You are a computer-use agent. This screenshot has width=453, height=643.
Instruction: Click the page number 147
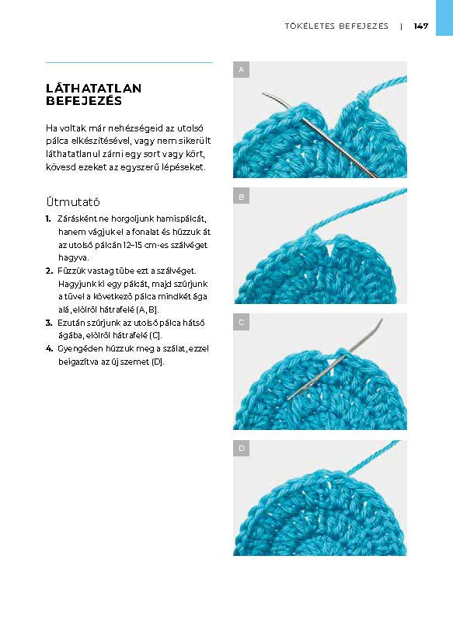421,26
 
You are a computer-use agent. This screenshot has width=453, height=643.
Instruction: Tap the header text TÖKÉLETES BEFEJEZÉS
336,26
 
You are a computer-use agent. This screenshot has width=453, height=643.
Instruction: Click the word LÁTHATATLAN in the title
94,88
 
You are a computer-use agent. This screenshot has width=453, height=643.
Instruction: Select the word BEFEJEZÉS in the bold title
84,101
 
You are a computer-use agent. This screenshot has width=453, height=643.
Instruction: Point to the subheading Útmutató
73,201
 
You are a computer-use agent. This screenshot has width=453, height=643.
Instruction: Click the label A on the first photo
242,70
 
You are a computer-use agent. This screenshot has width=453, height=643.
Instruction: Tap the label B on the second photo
242,197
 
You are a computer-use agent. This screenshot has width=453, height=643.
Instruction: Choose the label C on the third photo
242,323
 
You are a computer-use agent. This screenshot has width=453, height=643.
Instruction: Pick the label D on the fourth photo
242,448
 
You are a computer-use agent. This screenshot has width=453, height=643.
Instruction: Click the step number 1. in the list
48,219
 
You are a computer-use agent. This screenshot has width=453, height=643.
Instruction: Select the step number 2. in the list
49,271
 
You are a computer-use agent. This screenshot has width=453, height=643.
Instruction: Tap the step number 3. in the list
49,323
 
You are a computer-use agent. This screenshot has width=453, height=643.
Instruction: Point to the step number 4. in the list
49,348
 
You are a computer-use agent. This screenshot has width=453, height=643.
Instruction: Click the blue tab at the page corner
444,18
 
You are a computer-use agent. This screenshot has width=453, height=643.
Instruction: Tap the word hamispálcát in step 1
181,219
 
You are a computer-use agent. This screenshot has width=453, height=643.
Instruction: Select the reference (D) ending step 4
158,362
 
